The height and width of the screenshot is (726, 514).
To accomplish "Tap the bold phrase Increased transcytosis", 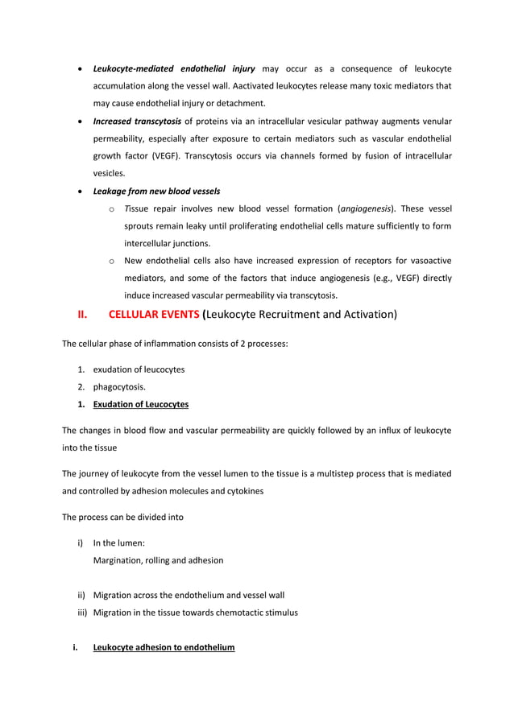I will (x=137, y=122).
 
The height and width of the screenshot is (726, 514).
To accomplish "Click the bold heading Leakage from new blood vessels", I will (x=156, y=191).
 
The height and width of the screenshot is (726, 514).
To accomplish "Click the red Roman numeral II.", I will (x=81, y=315).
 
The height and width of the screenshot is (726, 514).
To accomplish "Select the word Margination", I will (x=120, y=560).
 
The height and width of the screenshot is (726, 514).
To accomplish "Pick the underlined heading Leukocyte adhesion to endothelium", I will (x=164, y=647).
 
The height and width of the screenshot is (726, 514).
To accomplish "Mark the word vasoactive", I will (x=425, y=261).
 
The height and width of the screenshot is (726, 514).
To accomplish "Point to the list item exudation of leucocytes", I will (x=139, y=369).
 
